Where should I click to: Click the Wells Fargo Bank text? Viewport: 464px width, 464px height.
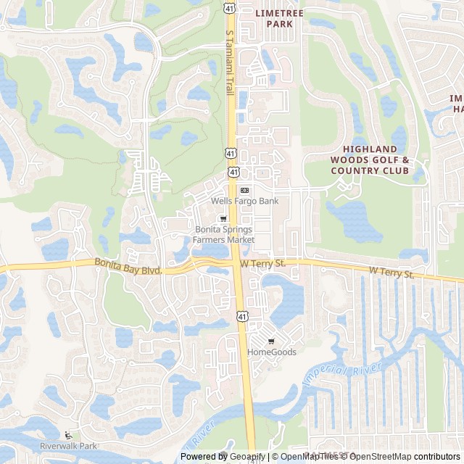[244, 201]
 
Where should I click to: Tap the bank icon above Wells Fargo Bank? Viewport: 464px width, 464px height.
[244, 190]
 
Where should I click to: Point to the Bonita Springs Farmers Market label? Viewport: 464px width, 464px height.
[224, 234]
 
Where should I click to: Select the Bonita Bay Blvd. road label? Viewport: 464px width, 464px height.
[127, 265]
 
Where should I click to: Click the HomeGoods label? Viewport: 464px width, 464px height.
[272, 352]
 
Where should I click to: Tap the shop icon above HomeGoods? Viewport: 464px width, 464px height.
[272, 341]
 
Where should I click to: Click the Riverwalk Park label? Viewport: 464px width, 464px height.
[68, 446]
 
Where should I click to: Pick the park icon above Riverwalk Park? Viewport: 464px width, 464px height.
[68, 435]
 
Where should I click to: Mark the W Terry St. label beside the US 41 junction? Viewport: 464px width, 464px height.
[263, 264]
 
